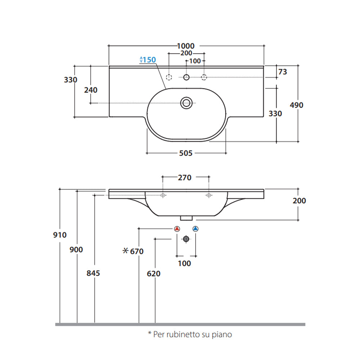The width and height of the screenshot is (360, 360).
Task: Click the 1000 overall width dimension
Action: (x=186, y=46)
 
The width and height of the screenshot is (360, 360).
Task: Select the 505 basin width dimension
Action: (x=186, y=153)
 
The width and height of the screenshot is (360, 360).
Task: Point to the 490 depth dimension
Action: (x=296, y=105)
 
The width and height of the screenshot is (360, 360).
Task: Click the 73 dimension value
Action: (x=283, y=72)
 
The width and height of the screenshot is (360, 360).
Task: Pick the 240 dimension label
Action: (x=90, y=90)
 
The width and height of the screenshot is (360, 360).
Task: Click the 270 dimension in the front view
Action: (x=185, y=177)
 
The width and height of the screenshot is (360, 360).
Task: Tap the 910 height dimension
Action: (x=60, y=235)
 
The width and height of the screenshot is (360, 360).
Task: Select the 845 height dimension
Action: (x=93, y=273)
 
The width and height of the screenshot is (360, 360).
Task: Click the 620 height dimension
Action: (x=154, y=274)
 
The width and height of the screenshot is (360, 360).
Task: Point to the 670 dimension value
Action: (x=137, y=251)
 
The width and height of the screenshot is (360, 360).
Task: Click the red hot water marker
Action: (x=177, y=229)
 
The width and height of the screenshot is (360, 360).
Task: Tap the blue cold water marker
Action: (x=195, y=229)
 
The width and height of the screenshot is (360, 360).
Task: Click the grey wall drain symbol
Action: (x=186, y=239)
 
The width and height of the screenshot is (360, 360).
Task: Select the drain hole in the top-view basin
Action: (x=186, y=103)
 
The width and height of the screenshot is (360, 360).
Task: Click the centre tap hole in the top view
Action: (x=186, y=77)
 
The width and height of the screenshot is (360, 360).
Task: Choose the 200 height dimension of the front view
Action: (x=299, y=201)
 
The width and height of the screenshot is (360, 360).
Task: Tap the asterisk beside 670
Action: (x=125, y=251)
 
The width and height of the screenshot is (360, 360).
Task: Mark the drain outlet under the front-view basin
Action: (x=186, y=217)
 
